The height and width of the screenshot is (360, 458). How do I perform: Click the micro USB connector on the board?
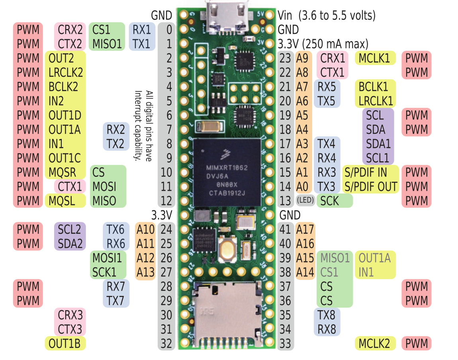[x=225, y=18]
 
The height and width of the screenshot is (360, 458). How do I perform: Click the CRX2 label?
[x=70, y=29]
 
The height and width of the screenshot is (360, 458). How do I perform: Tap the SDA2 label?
[x=70, y=243]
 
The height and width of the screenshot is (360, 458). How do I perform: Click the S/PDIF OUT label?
[x=371, y=186]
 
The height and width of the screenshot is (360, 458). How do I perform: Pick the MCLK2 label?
[x=374, y=343]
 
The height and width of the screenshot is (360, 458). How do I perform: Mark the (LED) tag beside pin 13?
[x=305, y=201]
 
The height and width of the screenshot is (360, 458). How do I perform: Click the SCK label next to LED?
[x=330, y=201]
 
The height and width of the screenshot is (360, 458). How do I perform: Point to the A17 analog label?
[x=305, y=229]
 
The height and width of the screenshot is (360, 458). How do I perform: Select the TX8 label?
[x=327, y=315]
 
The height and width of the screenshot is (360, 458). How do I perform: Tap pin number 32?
[x=166, y=343]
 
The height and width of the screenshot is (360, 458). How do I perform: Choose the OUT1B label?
[x=65, y=343]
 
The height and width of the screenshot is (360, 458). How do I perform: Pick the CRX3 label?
[x=70, y=315]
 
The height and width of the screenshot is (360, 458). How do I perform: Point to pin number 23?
[x=285, y=58]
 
